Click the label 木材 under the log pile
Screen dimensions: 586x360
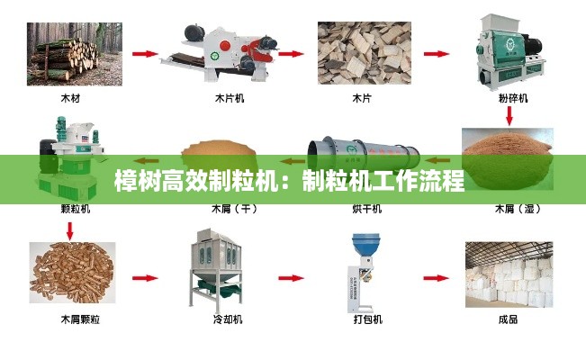point(70,98)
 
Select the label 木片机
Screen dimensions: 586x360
point(230,98)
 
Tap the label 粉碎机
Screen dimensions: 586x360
point(513,98)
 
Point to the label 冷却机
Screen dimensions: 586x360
point(228,319)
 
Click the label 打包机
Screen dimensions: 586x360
point(368,319)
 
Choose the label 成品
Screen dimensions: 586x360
point(509,319)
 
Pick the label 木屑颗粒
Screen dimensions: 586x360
point(80,319)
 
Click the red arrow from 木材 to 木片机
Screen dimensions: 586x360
point(145,54)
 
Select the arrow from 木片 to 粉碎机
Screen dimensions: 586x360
point(437,54)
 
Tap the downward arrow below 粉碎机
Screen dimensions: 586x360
point(509,115)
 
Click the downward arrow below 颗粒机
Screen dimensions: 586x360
point(70,231)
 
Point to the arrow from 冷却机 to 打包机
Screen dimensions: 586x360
point(291,278)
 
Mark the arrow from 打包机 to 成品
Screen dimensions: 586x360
point(437,278)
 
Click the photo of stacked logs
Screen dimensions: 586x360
point(75,54)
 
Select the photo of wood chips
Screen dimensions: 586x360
point(365,53)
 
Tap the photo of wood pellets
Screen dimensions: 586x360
point(73,273)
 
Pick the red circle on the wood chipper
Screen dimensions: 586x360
point(225,46)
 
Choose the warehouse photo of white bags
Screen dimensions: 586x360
point(509,274)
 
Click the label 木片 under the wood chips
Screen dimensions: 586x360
point(362,98)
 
